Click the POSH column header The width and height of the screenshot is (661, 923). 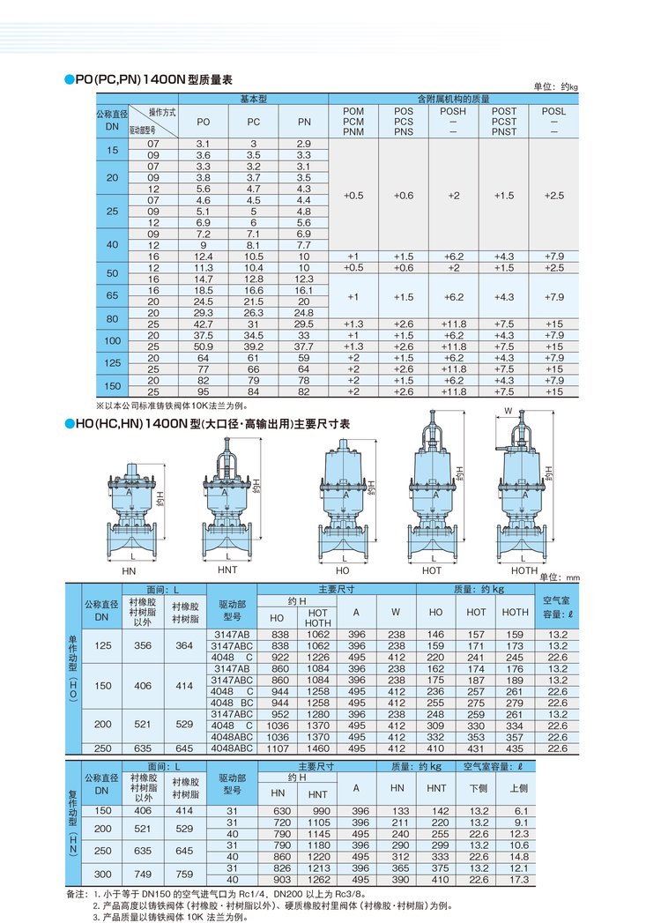click(453, 112)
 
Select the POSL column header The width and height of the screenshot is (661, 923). click(553, 112)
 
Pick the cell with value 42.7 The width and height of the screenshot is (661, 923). click(203, 324)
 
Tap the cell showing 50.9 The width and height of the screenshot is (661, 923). click(203, 346)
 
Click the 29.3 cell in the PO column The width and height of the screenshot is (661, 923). click(203, 312)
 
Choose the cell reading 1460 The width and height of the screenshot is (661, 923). click(317, 748)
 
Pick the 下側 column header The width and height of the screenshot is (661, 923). click(479, 789)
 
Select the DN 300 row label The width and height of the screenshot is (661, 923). click(103, 874)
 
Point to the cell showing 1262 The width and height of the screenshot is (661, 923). click(317, 880)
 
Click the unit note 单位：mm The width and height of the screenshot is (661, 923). click(560, 577)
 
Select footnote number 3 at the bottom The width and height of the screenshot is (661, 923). click(97, 917)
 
